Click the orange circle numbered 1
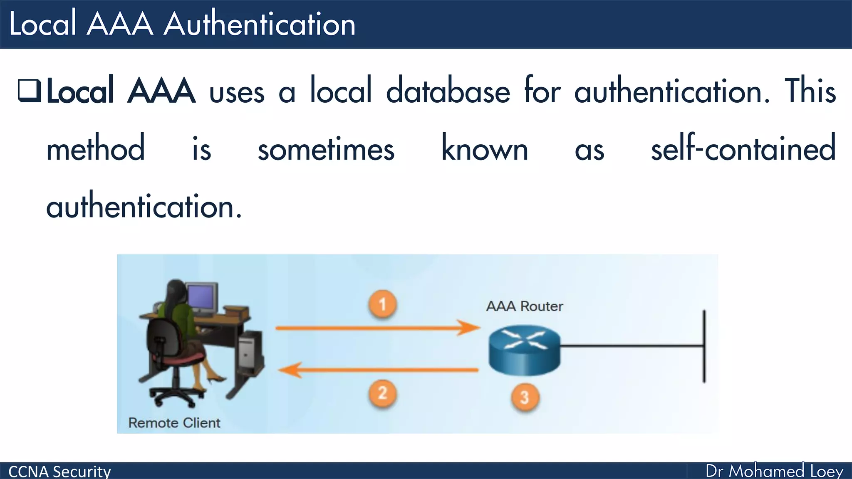[x=382, y=304]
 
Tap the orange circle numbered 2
[x=382, y=393]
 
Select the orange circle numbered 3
[x=525, y=397]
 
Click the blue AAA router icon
[x=524, y=349]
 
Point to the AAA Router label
[x=524, y=306]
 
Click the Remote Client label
[x=174, y=423]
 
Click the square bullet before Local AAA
[x=30, y=91]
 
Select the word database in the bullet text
[x=448, y=91]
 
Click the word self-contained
[x=743, y=148]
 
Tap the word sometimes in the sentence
[x=326, y=149]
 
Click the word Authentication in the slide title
[x=260, y=24]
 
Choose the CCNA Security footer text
[x=59, y=472]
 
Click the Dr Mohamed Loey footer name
[x=774, y=471]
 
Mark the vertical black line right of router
[x=704, y=346]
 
